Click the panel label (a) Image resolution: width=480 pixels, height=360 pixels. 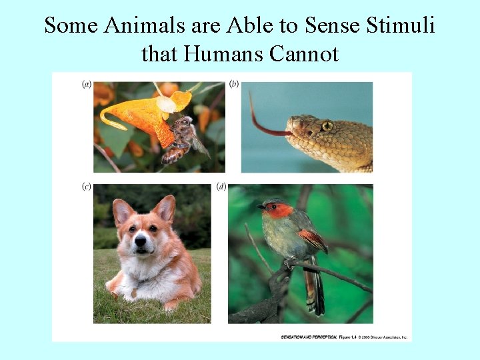click(86, 85)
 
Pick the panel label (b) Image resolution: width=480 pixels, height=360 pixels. click(234, 85)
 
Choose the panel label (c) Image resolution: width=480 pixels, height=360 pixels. click(86, 187)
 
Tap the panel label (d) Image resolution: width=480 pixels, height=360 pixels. click(221, 187)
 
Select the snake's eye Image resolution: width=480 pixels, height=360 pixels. click(327, 125)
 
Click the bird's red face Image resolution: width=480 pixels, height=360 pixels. click(281, 211)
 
